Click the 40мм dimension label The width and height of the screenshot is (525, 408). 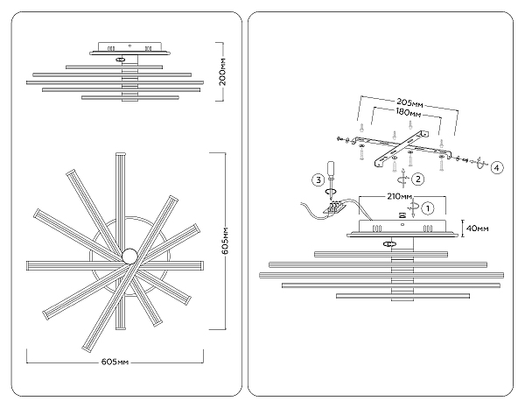(478, 229)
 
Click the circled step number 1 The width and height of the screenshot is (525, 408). (428, 208)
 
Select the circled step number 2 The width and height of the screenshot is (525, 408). (419, 179)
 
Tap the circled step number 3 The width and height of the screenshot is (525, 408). (318, 180)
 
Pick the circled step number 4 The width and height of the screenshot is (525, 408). (496, 166)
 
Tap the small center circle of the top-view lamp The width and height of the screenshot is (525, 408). (129, 255)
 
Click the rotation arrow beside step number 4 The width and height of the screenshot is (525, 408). (479, 164)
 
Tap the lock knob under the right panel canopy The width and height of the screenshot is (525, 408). (387, 245)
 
